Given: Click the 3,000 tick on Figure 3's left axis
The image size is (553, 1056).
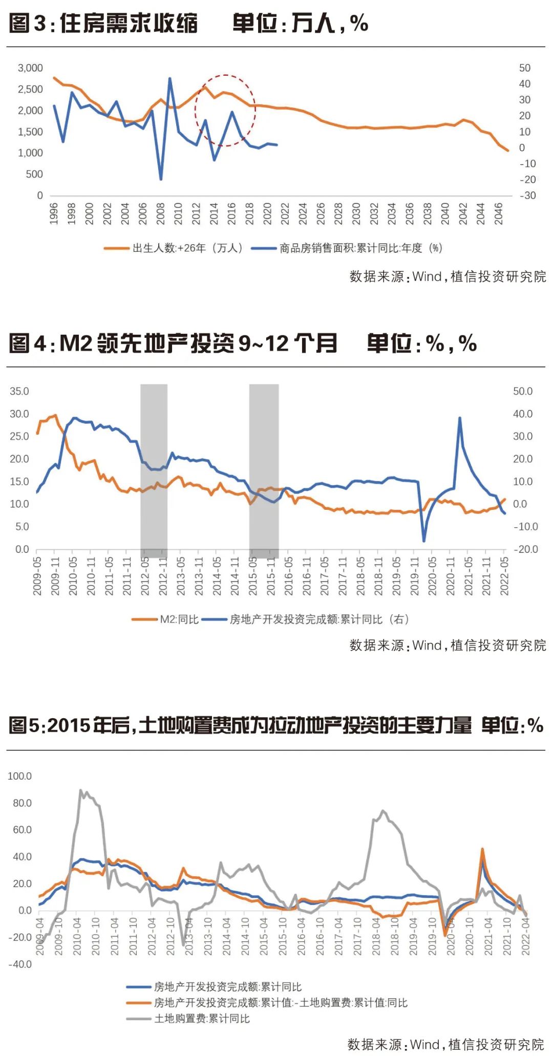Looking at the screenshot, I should pos(30,68).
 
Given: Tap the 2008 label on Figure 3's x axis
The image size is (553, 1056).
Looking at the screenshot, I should pos(160,213).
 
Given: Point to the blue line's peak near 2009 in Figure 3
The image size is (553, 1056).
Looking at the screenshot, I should pos(169,78).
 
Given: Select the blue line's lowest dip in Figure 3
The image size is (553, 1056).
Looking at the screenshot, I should pos(161,179).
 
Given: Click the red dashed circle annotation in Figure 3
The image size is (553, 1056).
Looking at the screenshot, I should pos(225,111).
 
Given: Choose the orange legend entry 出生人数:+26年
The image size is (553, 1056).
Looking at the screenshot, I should pos(174,248).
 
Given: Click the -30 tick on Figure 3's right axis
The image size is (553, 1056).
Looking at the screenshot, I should pos(527,196).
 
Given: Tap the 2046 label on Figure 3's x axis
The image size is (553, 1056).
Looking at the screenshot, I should pos(498,213).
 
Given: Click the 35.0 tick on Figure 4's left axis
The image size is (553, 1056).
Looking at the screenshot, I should pos(19,391).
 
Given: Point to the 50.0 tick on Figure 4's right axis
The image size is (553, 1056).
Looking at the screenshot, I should pos(523,391).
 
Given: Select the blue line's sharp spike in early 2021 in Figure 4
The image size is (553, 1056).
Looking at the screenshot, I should pos(460,418).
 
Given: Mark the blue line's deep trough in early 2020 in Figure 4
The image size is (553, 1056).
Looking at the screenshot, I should pos(424,541).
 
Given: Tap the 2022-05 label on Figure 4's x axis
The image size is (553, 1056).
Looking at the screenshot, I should pos(504,576).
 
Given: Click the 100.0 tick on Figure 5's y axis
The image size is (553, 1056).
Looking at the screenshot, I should pos(19,777).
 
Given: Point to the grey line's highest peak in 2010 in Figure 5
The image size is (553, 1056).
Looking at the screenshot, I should pos(81,790).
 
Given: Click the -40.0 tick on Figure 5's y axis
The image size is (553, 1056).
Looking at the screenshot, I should pos(19,964).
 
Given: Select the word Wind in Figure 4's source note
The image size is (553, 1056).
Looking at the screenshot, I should pos(427,645).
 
